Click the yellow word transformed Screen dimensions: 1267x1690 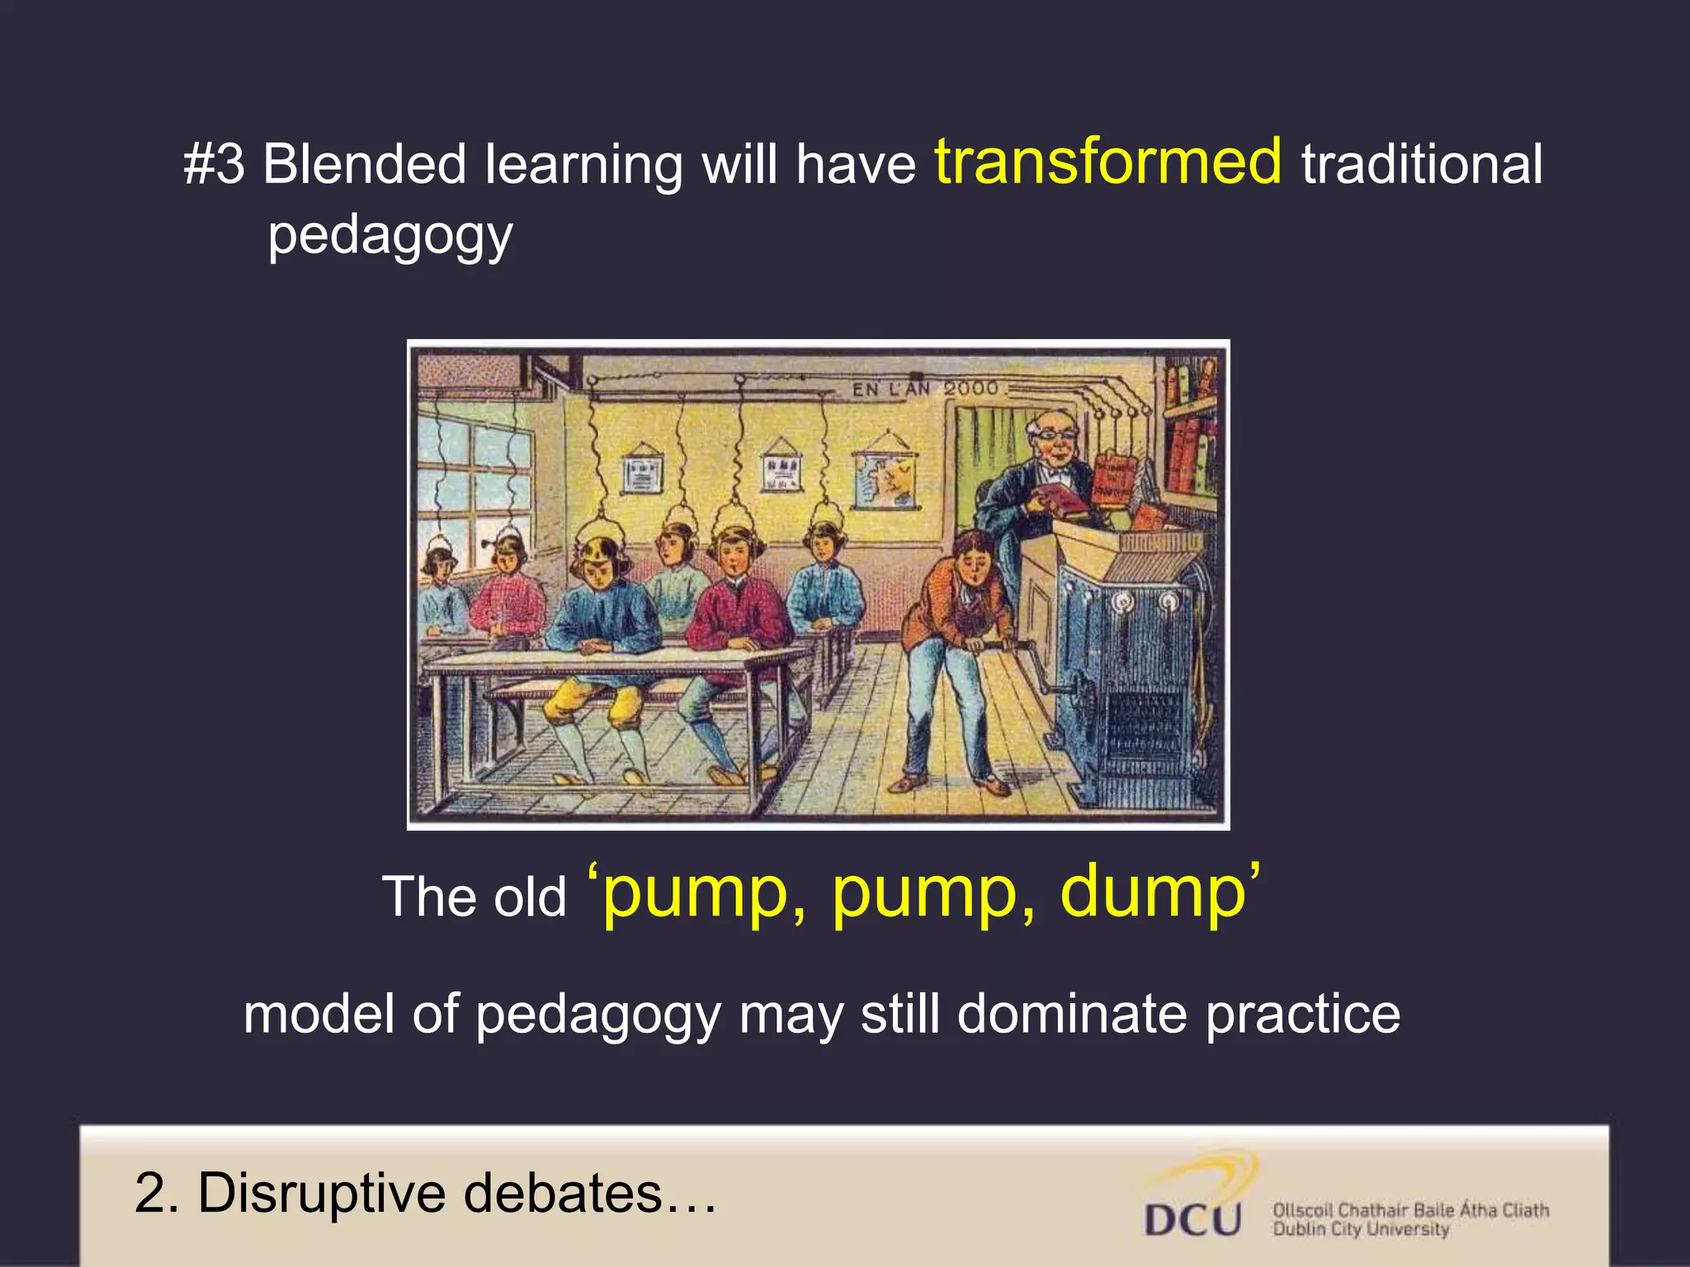click(1107, 162)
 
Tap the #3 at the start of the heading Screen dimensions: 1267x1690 click(214, 164)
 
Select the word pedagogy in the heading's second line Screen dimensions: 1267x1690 click(390, 236)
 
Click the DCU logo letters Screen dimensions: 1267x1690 click(1192, 1219)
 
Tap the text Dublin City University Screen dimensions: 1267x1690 click(1360, 1230)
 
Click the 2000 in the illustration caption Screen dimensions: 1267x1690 click(970, 388)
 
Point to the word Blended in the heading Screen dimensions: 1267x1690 click(364, 164)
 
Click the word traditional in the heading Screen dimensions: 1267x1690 click(1421, 164)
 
